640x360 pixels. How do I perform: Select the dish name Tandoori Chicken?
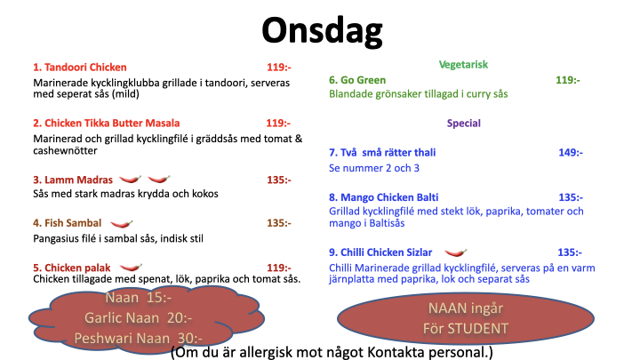(x=85, y=68)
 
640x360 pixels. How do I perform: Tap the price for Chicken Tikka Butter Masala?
(x=278, y=124)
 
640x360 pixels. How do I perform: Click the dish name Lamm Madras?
(x=78, y=180)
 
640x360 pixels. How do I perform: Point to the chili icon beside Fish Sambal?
(x=122, y=223)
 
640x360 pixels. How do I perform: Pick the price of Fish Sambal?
(x=279, y=223)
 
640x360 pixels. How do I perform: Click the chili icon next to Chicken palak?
(x=131, y=268)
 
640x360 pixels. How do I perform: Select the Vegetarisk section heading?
(x=463, y=65)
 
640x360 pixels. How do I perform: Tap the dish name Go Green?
(x=364, y=80)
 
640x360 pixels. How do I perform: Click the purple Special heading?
(x=464, y=124)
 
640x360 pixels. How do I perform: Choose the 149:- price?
(x=571, y=153)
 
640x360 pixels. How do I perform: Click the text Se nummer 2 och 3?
(x=374, y=168)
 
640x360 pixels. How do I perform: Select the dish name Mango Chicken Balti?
(x=389, y=197)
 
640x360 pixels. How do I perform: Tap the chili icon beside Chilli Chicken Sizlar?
(x=455, y=252)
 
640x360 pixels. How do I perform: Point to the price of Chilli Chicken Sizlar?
(x=570, y=252)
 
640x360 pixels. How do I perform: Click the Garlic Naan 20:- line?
(x=139, y=318)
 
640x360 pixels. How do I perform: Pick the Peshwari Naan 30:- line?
(x=139, y=339)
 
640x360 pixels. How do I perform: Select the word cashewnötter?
(x=65, y=150)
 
